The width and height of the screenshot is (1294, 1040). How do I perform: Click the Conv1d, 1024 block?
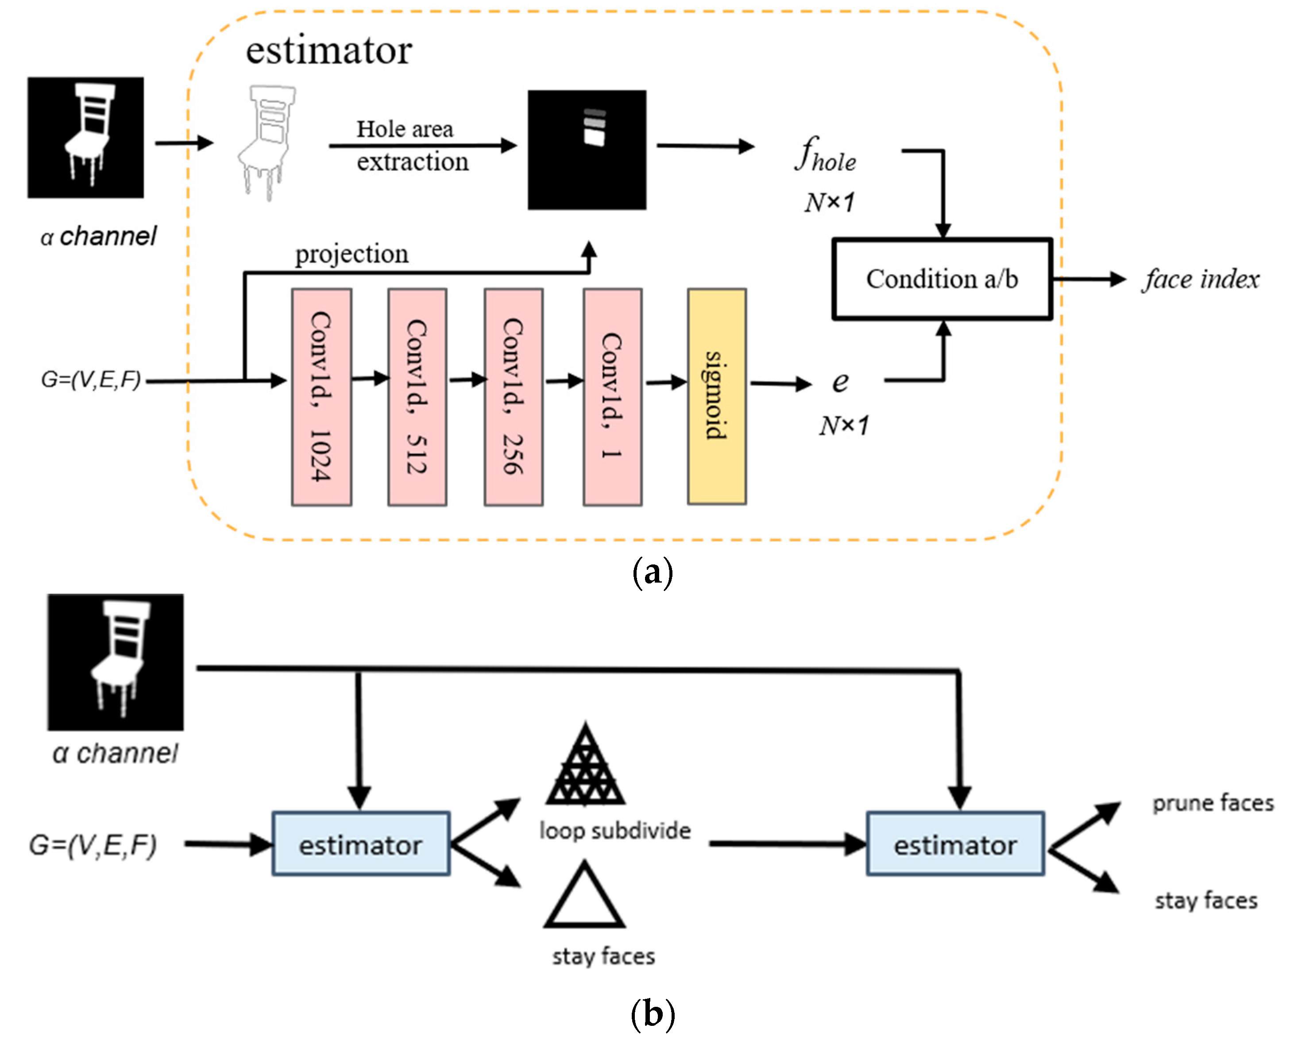pos(321,397)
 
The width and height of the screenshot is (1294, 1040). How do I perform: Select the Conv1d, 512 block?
pos(417,397)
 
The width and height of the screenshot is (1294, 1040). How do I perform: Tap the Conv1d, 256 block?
pos(514,397)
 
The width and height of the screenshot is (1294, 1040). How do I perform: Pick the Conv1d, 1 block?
pos(612,397)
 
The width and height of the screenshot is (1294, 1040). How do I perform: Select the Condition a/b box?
pos(942,279)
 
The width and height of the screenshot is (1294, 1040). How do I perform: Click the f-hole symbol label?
pos(826,155)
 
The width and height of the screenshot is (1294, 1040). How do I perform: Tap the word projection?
pos(352,254)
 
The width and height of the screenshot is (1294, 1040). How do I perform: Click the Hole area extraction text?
pos(412,146)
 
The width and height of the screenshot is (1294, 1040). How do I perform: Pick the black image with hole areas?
pos(587,150)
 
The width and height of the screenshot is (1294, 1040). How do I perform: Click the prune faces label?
pos(1213,803)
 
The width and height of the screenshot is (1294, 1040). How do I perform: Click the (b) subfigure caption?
pos(653,1013)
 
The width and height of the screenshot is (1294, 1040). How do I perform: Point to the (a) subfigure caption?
pos(653,572)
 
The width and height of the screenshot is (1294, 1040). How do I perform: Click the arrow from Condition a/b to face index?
pos(1089,279)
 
